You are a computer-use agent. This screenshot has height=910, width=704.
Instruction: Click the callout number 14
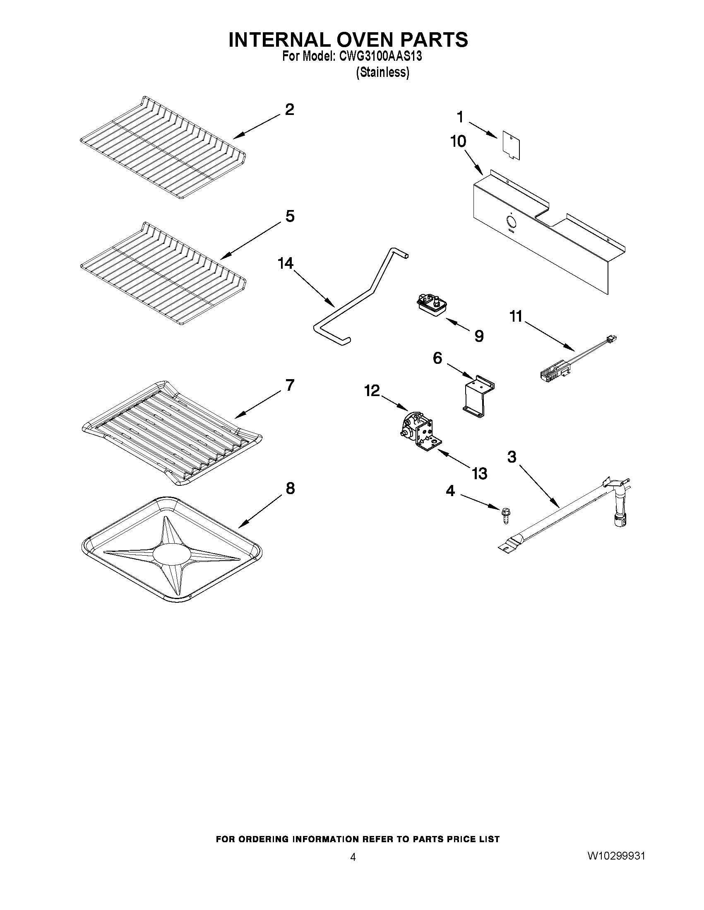[286, 263]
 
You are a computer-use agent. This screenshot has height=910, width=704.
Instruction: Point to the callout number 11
[516, 317]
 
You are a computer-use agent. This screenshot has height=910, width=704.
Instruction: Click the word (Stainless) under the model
[382, 72]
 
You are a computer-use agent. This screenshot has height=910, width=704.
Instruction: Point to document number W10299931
[616, 856]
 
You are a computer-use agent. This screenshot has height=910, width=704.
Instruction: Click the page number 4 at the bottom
[353, 857]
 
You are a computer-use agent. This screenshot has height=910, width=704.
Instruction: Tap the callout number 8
[290, 488]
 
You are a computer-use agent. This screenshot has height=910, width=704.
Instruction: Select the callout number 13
[480, 473]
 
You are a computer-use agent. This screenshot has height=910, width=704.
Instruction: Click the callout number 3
[512, 457]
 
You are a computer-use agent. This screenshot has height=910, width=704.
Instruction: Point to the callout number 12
[372, 390]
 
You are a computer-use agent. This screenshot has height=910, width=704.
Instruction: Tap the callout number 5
[290, 216]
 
